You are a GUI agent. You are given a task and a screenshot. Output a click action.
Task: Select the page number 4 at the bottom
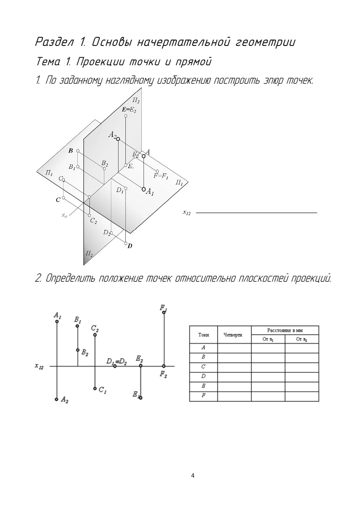tap(193, 476)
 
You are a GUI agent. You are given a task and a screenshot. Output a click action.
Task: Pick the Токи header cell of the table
tap(203, 335)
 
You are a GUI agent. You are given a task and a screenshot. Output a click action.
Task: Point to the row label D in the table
tap(203, 376)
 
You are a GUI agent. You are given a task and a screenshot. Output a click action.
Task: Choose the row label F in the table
tap(203, 396)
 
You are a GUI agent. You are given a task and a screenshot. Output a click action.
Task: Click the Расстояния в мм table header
tap(285, 330)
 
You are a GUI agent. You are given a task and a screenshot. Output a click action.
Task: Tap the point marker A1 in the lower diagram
tap(57, 321)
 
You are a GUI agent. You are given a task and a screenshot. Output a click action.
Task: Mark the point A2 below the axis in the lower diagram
tap(57, 399)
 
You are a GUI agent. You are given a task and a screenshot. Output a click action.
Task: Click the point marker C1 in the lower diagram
tap(95, 388)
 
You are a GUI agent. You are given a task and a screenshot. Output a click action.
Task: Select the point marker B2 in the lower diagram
tap(78, 350)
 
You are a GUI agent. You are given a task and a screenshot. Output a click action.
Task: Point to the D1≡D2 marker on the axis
tap(115, 366)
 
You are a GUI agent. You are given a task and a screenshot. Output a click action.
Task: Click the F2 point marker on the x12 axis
tap(164, 366)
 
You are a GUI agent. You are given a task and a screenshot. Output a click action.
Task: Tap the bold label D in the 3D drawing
tap(130, 246)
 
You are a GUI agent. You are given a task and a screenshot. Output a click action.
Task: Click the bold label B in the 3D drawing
tap(71, 151)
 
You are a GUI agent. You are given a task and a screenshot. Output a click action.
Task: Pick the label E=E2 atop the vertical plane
tap(129, 110)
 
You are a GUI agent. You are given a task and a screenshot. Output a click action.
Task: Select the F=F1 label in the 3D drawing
tap(161, 176)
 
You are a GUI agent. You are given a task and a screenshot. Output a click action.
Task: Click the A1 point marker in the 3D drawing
tap(144, 189)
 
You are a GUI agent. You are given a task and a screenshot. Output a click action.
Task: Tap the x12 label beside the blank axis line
tap(186, 212)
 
